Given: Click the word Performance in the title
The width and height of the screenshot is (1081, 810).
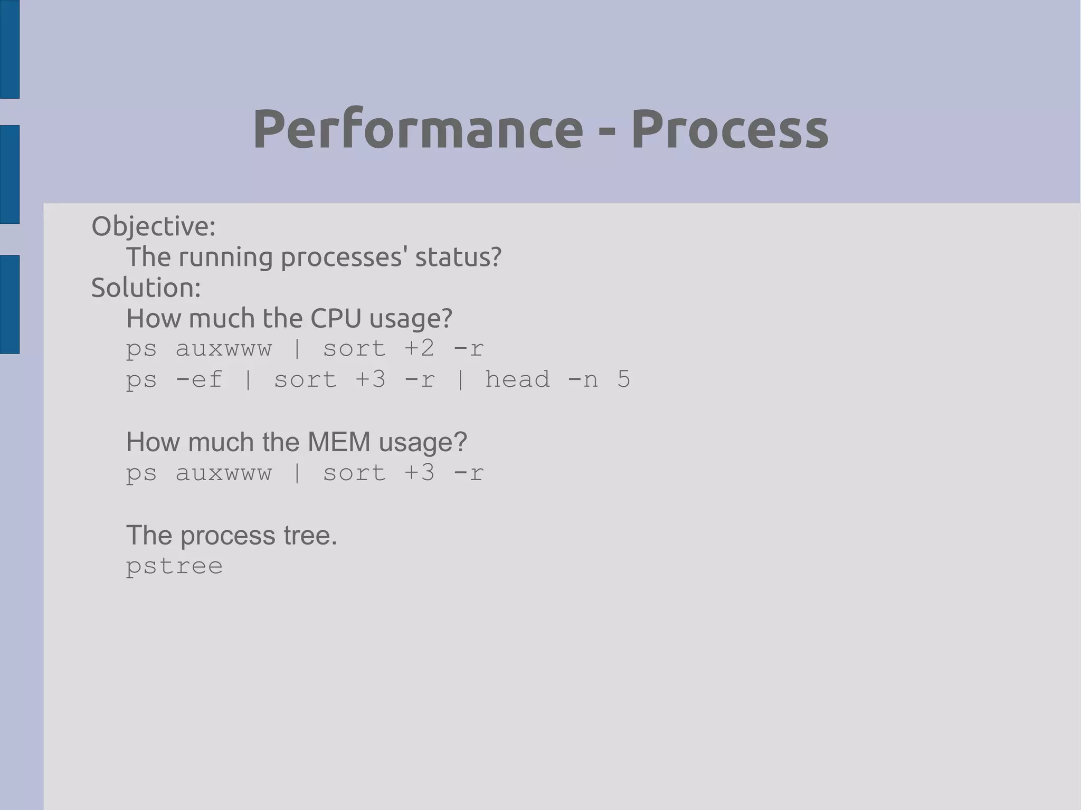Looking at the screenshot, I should [x=418, y=129].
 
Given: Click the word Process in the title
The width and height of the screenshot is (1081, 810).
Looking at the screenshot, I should [x=729, y=129].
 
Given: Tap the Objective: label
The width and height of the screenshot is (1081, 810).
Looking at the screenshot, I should [x=154, y=226].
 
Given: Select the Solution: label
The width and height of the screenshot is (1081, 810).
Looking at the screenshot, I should [x=146, y=288].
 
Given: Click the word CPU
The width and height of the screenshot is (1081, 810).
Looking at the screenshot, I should [x=336, y=318].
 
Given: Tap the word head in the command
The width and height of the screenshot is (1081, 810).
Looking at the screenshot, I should [x=517, y=379].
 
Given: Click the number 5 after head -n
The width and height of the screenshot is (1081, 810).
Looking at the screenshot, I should [x=623, y=379].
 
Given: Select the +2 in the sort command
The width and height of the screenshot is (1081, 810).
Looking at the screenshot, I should [x=419, y=349].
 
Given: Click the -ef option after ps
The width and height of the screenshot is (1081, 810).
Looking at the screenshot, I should [x=199, y=379].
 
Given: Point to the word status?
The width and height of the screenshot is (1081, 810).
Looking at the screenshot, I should [x=458, y=257].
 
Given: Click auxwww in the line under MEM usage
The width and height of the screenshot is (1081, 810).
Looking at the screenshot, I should [x=223, y=473].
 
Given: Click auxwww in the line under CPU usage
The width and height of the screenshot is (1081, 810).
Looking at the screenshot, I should [x=223, y=349].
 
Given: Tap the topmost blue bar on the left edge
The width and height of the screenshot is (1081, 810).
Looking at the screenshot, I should [x=10, y=49].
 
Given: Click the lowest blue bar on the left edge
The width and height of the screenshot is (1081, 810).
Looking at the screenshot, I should [x=10, y=304].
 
